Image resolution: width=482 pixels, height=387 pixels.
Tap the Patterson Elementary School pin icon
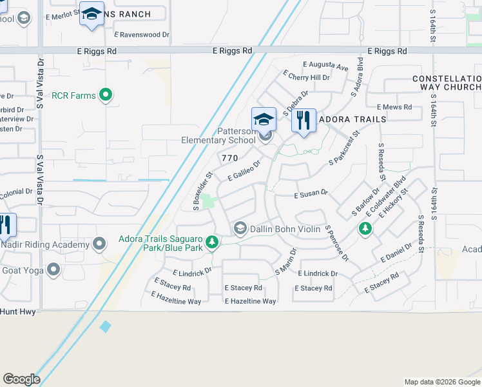pyautogui.click(x=264, y=120)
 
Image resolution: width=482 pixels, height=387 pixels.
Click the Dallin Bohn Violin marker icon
pyautogui.click(x=240, y=228)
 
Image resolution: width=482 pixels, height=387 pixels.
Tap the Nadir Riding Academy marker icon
pyautogui.click(x=99, y=244)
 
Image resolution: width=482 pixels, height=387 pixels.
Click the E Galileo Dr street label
pyautogui.click(x=244, y=172)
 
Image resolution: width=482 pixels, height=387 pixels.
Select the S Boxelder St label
pyautogui.click(x=202, y=191)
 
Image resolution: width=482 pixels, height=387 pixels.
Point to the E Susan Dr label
pyautogui.click(x=311, y=193)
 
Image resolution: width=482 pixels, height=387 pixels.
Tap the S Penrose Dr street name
pyautogui.click(x=336, y=243)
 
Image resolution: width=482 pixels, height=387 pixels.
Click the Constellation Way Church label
pyautogui.click(x=447, y=83)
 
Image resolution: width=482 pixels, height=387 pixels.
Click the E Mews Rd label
pyautogui.click(x=394, y=106)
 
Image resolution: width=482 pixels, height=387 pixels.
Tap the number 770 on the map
pyautogui.click(x=229, y=158)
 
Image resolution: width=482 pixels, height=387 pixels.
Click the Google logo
pyautogui.click(x=21, y=379)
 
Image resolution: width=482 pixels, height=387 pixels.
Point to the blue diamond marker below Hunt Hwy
pyautogui.click(x=106, y=327)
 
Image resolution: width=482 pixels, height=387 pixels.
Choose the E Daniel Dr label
pyautogui.click(x=396, y=252)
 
